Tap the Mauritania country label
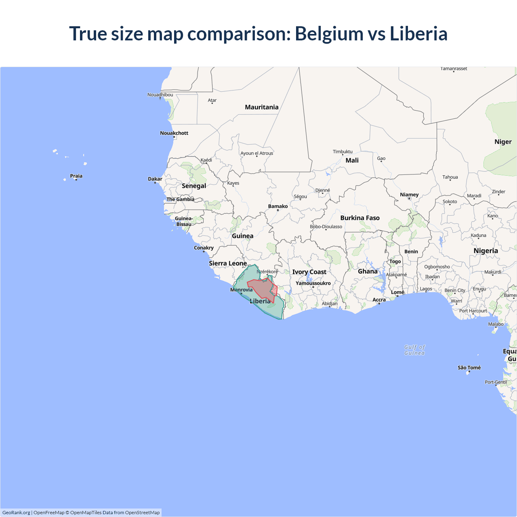[262, 107]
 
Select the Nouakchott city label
[174, 133]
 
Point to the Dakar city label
[155, 179]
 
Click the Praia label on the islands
[76, 176]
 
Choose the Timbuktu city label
[343, 151]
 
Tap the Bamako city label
[278, 206]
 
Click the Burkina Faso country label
[360, 218]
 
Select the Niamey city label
[409, 194]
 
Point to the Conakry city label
[204, 248]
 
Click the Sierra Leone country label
[228, 263]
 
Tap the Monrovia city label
[241, 290]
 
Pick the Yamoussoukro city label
[313, 283]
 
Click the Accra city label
[379, 300]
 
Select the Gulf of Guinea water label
[414, 350]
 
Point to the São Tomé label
[469, 368]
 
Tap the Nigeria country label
[485, 251]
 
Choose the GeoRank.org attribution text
[16, 513]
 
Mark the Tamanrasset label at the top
[454, 69]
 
